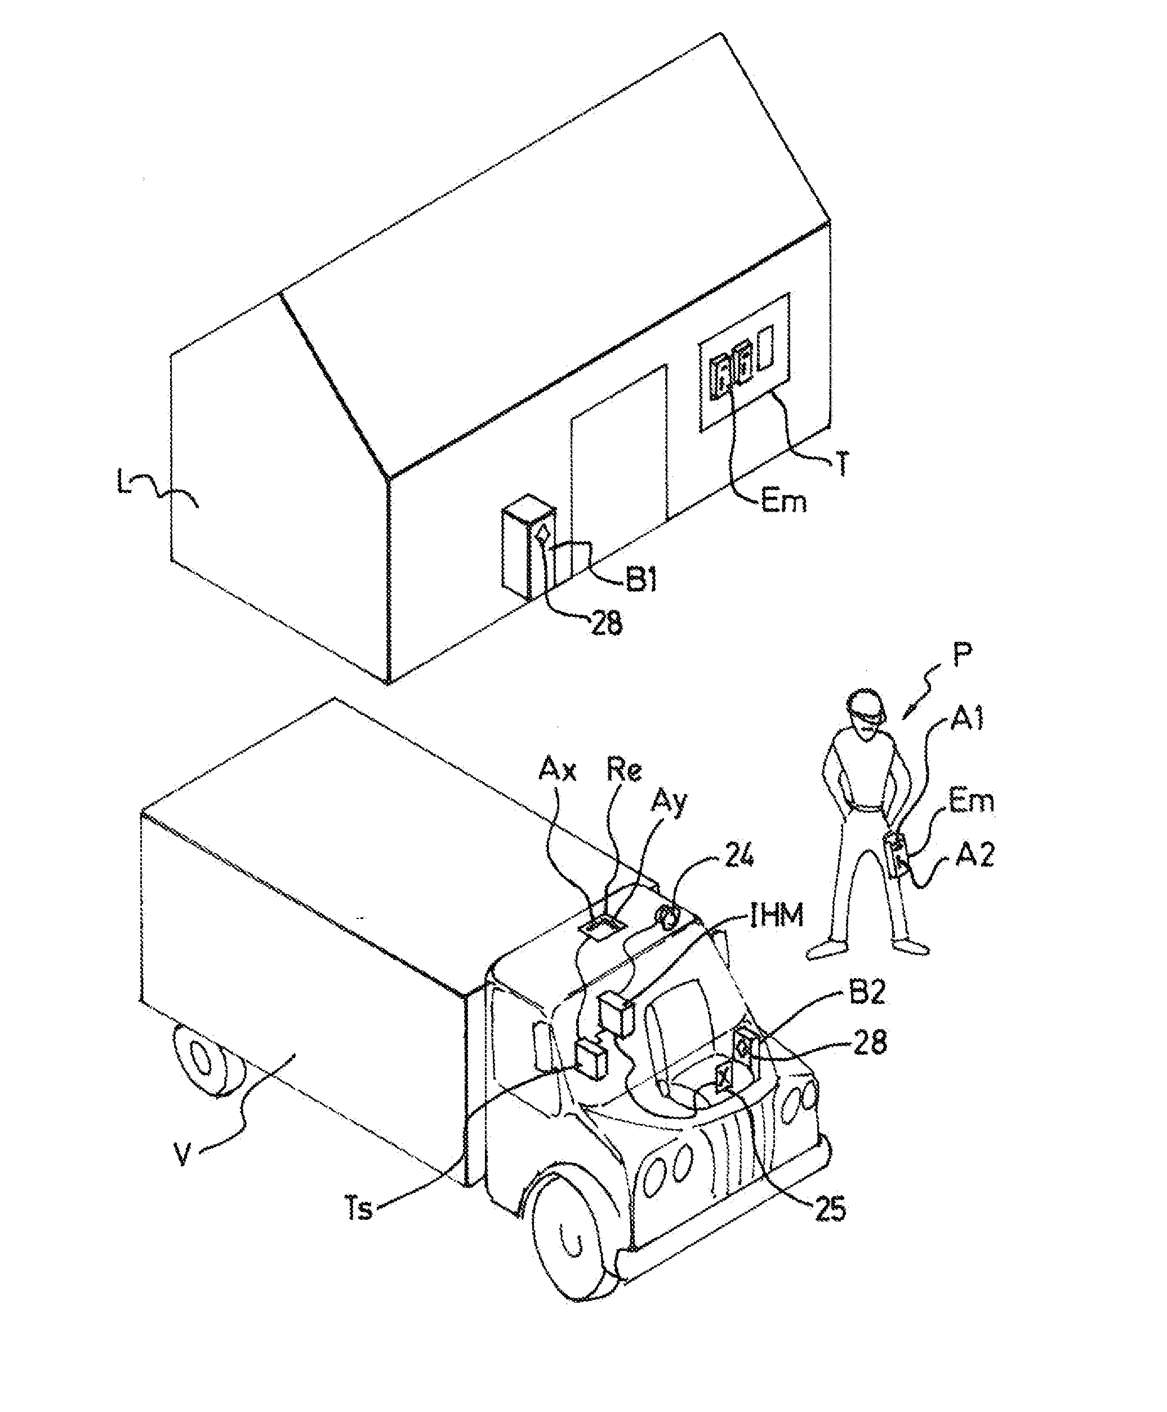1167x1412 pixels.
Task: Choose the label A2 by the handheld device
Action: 974,856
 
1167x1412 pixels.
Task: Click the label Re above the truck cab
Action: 624,771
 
